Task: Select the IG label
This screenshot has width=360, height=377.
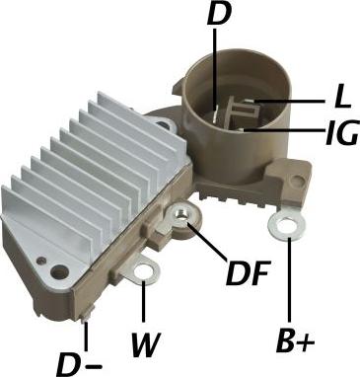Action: (339, 132)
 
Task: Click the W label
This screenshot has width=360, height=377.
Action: (145, 347)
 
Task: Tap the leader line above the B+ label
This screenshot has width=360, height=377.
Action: (288, 286)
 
